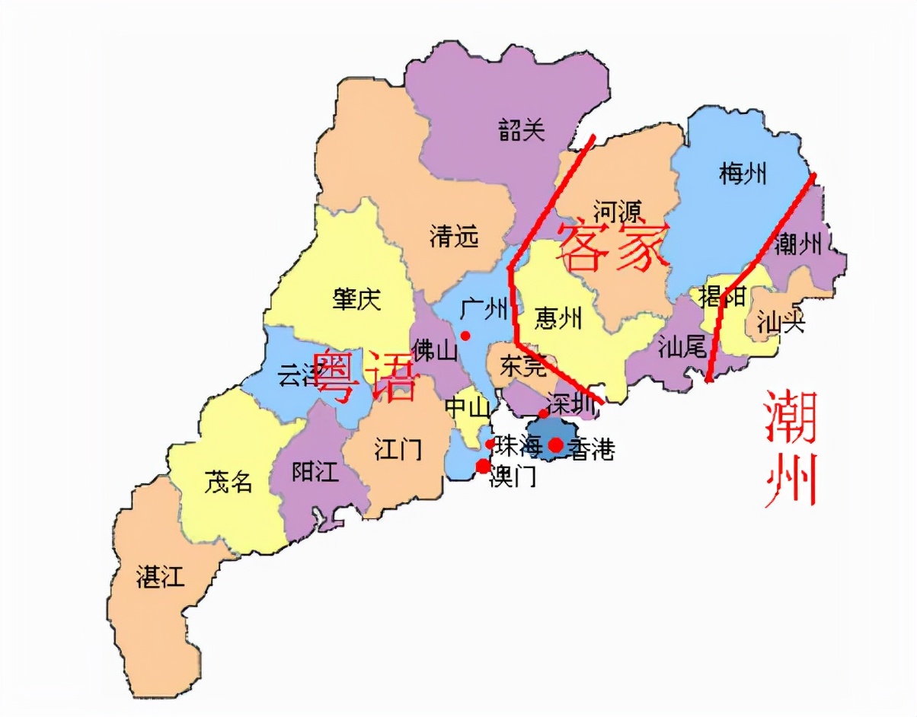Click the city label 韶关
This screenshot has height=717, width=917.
pyautogui.click(x=522, y=130)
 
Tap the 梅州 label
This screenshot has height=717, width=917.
pyautogui.click(x=742, y=174)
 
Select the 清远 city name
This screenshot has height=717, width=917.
pyautogui.click(x=454, y=237)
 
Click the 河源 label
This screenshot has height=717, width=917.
pyautogui.click(x=617, y=210)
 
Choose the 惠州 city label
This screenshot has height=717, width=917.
pyautogui.click(x=558, y=317)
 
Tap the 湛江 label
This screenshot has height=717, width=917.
pyautogui.click(x=160, y=576)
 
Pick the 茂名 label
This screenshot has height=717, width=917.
pyautogui.click(x=228, y=481)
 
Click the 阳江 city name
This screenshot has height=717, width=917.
pyautogui.click(x=315, y=472)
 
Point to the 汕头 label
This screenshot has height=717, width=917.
pyautogui.click(x=781, y=323)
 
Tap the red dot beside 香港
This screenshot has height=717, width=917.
pyautogui.click(x=557, y=445)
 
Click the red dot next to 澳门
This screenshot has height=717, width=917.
pyautogui.click(x=483, y=466)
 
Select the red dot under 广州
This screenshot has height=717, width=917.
pyautogui.click(x=465, y=336)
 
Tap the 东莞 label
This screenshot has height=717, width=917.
pyautogui.click(x=523, y=367)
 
